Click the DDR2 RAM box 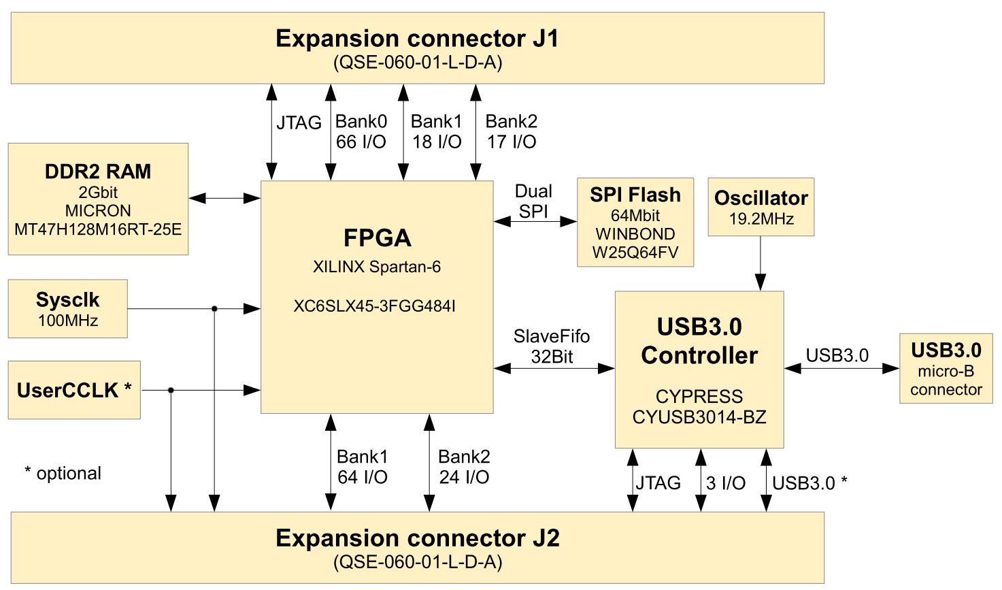point(98,199)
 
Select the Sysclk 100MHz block point(67,308)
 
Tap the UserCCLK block point(73,390)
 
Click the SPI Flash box point(635,223)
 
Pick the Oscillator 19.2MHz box point(761,207)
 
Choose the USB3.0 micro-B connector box point(946,368)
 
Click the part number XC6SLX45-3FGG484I point(374,306)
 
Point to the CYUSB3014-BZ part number point(699,417)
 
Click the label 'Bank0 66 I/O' point(361,131)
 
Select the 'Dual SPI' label point(533,201)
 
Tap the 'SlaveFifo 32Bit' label point(551,346)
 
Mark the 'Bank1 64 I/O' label point(362,467)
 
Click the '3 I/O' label point(725,483)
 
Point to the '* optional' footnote point(63,474)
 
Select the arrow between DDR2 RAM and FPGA point(224,199)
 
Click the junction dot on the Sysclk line point(214,309)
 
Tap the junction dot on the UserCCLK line point(171,390)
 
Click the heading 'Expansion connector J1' point(417,38)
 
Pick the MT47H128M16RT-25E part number point(98,229)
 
